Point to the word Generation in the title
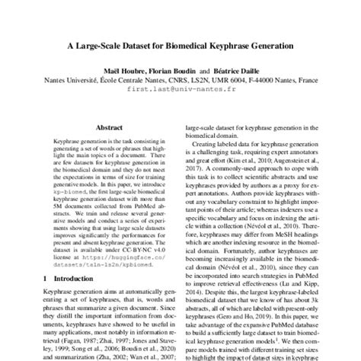click(267, 46)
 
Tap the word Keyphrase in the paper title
click(225, 46)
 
